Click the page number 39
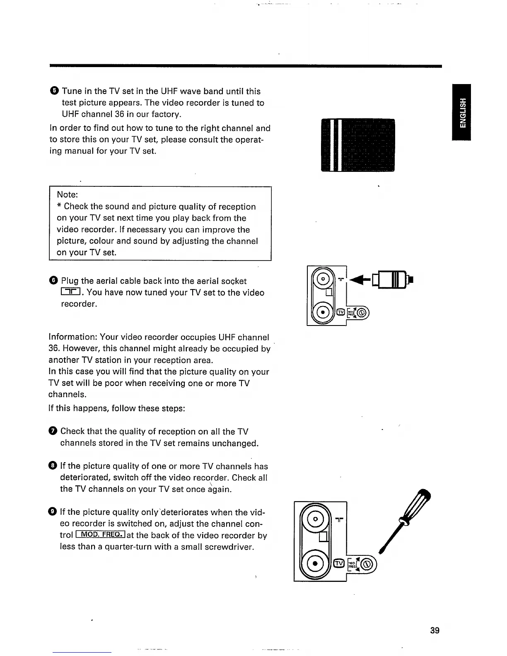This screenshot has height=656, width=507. pos(435,630)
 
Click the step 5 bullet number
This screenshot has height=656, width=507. pos(55,91)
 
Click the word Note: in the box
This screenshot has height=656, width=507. pos(68,195)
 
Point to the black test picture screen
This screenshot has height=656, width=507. pos(358,145)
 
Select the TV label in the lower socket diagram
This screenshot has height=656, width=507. pos(339,563)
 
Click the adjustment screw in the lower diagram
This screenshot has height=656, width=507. pos(368,564)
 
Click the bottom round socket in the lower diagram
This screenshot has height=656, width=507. pos(315,564)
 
